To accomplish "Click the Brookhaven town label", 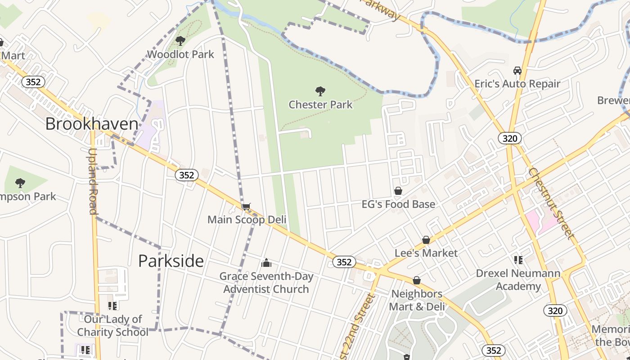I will tap(91, 124).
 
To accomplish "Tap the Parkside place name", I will tap(171, 261).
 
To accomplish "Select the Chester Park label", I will tap(320, 105).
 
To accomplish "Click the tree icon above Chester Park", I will tap(320, 91).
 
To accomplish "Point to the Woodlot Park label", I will tap(181, 54).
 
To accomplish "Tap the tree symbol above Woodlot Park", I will tap(180, 41).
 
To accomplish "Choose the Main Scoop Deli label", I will tap(247, 220).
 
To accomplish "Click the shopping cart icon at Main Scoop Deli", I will tap(246, 207).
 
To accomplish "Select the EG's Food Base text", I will tap(398, 204).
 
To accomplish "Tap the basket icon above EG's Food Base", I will tap(398, 191).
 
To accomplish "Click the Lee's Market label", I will tap(426, 253).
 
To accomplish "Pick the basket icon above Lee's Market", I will tap(426, 240).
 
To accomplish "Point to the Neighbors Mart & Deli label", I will tap(417, 300).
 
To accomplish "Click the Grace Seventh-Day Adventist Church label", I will tap(266, 283).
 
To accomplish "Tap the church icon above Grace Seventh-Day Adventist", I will tap(266, 263).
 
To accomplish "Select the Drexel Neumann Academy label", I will tap(518, 280).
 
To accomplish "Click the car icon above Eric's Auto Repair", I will tap(517, 71).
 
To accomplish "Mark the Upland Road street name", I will tap(93, 181).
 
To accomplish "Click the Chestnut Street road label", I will tap(552, 203).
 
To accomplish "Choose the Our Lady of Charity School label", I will tap(112, 326).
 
